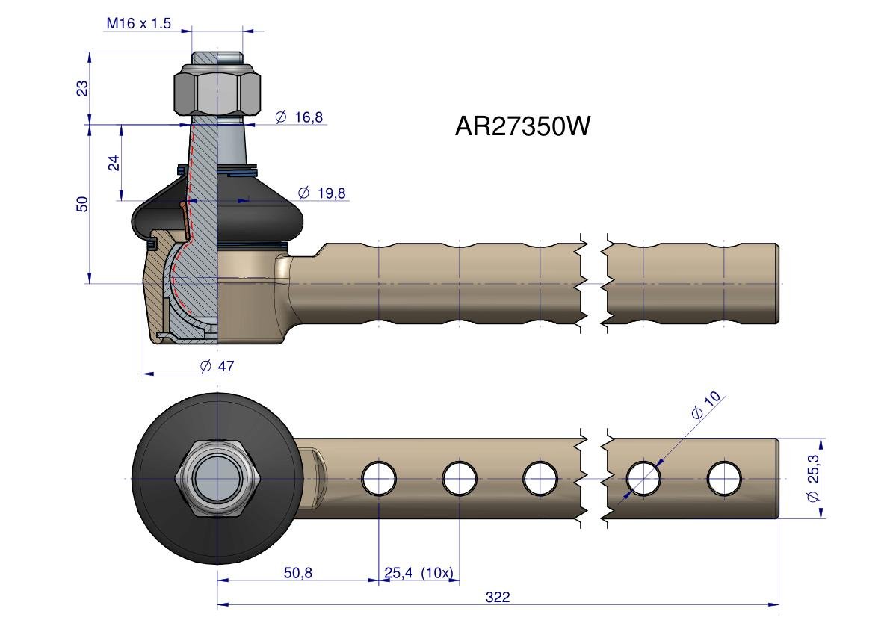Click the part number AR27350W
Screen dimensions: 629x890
coord(522,126)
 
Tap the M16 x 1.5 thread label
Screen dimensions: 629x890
coord(138,23)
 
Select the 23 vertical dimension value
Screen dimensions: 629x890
coord(83,87)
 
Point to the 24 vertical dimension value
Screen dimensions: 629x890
coord(114,163)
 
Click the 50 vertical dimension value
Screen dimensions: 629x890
coord(83,204)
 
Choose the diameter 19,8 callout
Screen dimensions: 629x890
coord(321,193)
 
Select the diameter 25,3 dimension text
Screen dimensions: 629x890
coord(814,478)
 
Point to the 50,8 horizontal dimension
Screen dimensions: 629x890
coord(297,573)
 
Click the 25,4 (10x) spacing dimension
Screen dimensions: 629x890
coord(418,573)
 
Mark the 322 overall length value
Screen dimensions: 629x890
coord(498,597)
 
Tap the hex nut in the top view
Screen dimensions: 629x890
coord(217,478)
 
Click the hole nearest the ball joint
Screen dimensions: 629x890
coord(379,478)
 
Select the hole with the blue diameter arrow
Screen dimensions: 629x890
coord(644,478)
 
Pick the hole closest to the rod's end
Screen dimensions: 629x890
coord(724,478)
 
